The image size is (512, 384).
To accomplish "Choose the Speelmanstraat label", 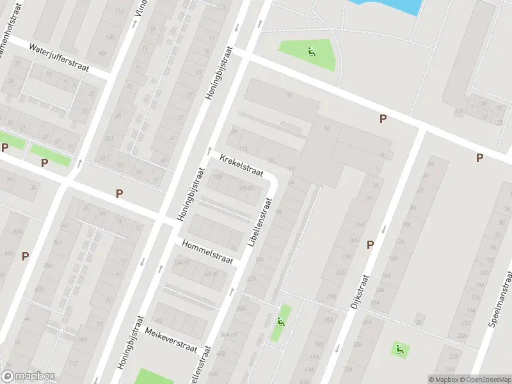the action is (502, 298).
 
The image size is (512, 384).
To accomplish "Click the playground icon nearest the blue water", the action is (312, 52).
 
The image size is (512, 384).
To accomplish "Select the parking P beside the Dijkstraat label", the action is (370, 244).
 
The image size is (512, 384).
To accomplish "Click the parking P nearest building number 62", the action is (383, 118).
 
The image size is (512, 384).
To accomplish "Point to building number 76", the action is (289, 95).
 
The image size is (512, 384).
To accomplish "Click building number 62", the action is (326, 128).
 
